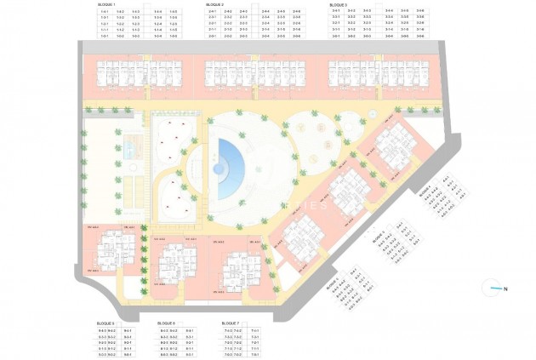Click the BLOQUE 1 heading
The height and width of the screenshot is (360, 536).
point(108,4)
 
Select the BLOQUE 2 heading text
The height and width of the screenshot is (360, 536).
point(215,4)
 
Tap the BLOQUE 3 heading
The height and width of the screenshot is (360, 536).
point(338,4)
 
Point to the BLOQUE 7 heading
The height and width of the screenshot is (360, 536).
point(231,323)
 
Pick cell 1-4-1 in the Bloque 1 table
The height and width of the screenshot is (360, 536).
point(105,11)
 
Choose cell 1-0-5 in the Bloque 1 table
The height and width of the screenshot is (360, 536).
point(173,37)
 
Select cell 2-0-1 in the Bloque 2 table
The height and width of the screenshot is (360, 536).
point(212,37)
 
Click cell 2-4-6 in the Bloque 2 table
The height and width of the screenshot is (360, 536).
point(296,11)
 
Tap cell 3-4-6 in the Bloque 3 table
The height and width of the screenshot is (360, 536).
point(419,11)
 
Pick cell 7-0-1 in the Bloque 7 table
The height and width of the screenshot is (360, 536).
point(254,354)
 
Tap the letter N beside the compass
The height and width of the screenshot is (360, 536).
point(505,289)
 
